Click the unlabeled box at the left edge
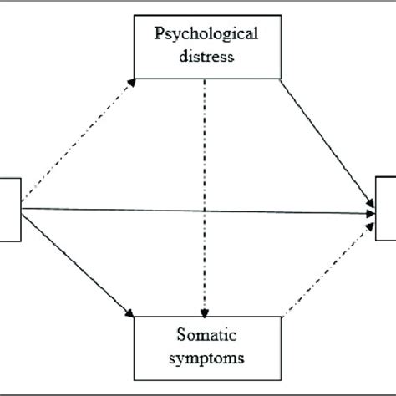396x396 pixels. point(8,209)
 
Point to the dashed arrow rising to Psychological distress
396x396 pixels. point(75,142)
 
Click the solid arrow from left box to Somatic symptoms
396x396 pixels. point(75,263)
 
